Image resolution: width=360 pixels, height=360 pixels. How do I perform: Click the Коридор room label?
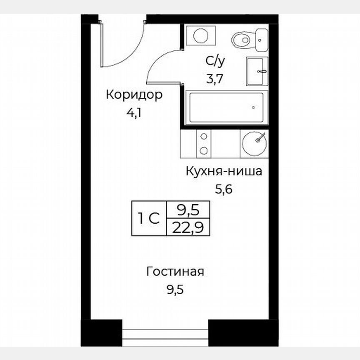pyautogui.click(x=134, y=95)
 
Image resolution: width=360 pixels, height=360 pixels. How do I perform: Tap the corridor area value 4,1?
pyautogui.click(x=134, y=113)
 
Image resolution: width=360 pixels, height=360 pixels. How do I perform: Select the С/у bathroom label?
pyautogui.click(x=215, y=61)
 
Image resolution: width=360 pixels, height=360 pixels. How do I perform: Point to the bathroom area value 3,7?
pyautogui.click(x=215, y=79)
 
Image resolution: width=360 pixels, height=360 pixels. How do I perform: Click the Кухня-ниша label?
pyautogui.click(x=224, y=171)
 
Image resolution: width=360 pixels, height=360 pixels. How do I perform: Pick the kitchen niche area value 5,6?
pyautogui.click(x=224, y=190)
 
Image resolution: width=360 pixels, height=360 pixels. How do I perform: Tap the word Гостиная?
pyautogui.click(x=175, y=272)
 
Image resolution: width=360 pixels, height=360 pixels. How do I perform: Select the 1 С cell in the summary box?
pyautogui.click(x=149, y=218)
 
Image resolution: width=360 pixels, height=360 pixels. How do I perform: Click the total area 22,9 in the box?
pyautogui.click(x=187, y=227)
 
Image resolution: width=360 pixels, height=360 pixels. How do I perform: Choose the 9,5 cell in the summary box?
pyautogui.click(x=187, y=210)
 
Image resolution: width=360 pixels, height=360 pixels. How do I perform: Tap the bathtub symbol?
pyautogui.click(x=226, y=107)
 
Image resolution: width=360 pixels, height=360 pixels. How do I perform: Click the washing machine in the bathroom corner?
pyautogui.click(x=200, y=35)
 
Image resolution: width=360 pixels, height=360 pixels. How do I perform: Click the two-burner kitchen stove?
pyautogui.click(x=204, y=143)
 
